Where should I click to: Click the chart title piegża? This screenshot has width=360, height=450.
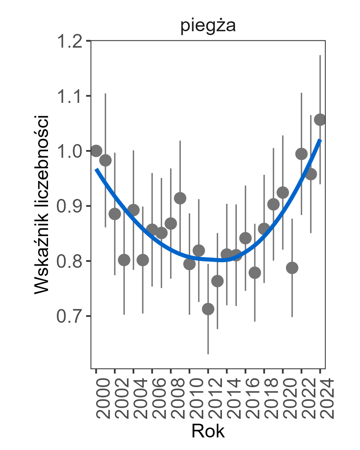pos(208,27)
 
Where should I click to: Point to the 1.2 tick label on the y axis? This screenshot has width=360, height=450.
pos(70,41)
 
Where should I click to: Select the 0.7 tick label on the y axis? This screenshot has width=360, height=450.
pos(70,316)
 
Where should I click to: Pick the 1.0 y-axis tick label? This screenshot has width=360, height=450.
pos(70,151)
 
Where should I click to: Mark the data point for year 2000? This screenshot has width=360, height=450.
pos(96,151)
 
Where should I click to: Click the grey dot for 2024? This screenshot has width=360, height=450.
pos(320,120)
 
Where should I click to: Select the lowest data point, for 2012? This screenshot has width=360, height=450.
pos(208,309)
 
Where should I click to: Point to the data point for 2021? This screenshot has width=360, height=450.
pos(292,268)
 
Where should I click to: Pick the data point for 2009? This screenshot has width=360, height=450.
pos(180,198)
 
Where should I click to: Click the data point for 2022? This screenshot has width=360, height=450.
pos(301,154)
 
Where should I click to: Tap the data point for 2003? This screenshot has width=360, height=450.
pos(124,260)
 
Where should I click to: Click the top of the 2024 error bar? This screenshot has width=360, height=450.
pos(320,55)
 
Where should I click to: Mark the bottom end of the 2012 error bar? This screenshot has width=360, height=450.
pos(208,354)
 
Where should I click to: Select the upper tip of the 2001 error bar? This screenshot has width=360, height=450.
pos(105,93)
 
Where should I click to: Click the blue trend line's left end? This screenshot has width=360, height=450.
pos(96,168)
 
